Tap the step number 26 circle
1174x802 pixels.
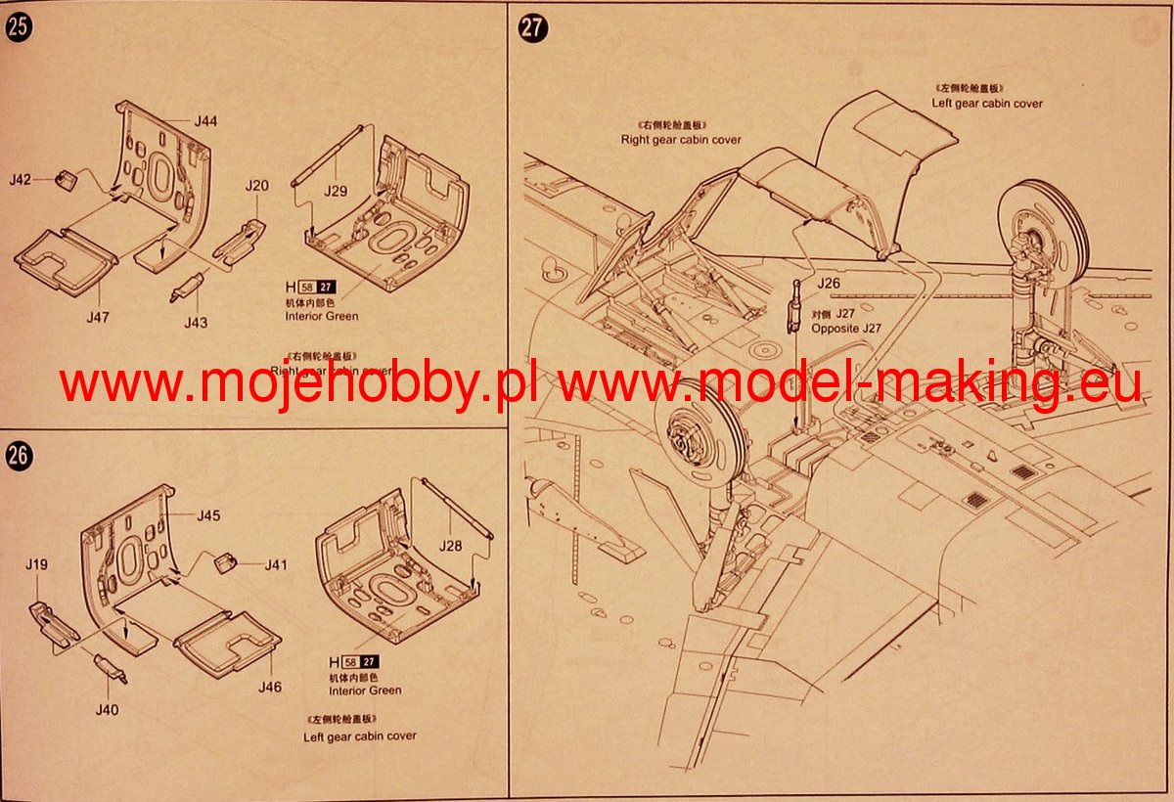[x=18, y=455]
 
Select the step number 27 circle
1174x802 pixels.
[x=530, y=27]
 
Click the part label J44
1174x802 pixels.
[x=205, y=121]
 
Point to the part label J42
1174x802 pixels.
[x=21, y=180]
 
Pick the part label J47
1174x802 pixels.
[x=98, y=317]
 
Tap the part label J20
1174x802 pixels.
[x=256, y=186]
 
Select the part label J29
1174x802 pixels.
[x=337, y=191]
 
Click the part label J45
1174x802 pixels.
[x=208, y=515]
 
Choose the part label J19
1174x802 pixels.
[x=35, y=563]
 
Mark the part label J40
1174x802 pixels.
[x=107, y=709]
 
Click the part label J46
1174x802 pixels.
[x=270, y=687]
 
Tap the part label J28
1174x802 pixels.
[x=451, y=546]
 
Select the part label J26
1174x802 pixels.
[x=829, y=284]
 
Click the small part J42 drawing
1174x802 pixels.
[x=67, y=179]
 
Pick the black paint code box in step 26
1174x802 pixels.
[x=369, y=661]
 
